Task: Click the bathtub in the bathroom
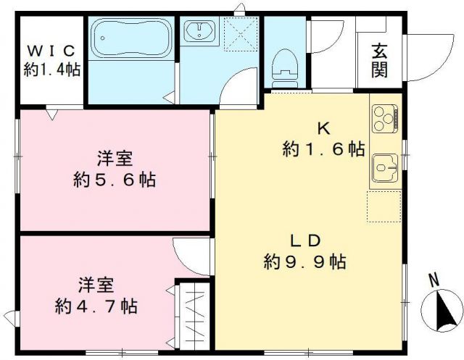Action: point(131,36)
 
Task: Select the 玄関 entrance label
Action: point(380,61)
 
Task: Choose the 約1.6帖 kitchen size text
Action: point(323,150)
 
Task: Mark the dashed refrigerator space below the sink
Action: point(384,207)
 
